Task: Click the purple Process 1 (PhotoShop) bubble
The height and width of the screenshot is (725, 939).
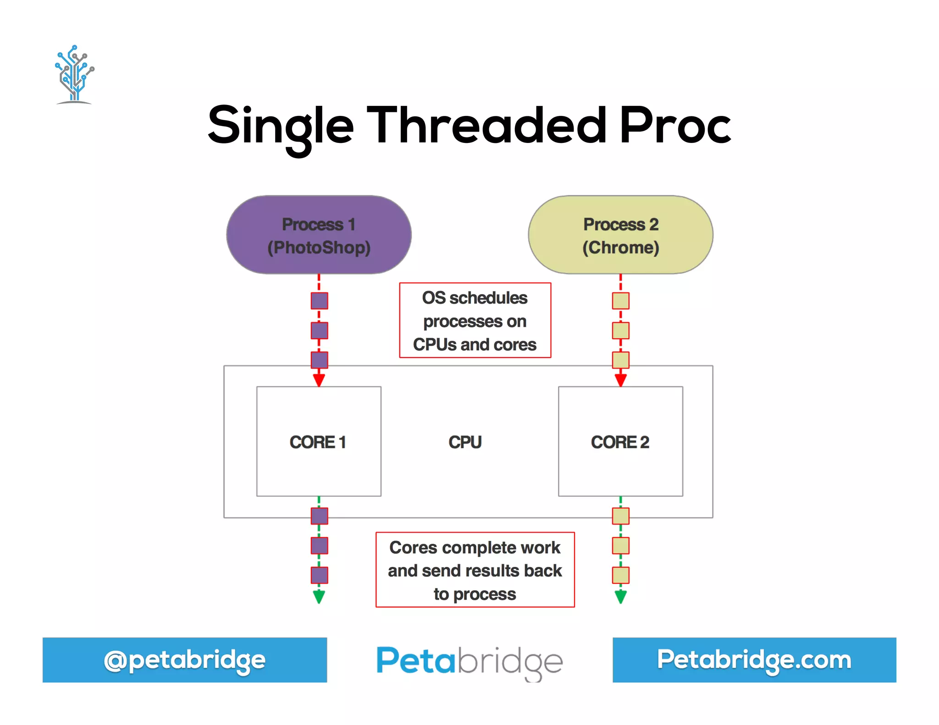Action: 319,235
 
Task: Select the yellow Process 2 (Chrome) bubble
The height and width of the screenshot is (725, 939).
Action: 620,235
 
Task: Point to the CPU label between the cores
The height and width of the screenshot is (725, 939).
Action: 465,442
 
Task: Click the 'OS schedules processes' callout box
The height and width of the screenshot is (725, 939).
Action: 475,320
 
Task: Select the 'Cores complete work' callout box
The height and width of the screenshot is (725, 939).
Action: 475,570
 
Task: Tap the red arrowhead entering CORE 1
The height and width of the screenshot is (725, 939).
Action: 319,380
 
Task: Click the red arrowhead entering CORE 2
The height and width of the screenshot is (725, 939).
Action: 621,380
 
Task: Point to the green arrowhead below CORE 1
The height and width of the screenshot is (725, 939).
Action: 319,597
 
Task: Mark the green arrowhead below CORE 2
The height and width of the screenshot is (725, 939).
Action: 621,597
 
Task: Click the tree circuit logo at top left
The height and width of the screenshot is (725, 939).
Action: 74,74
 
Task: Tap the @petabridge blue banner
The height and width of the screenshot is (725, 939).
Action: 185,660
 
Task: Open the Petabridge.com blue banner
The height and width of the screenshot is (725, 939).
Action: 754,660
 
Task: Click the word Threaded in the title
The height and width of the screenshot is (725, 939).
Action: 486,125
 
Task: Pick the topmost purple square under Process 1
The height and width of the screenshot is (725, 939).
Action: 320,301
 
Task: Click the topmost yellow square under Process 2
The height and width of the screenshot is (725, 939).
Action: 621,301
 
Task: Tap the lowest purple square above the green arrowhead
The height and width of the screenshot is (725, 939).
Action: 320,575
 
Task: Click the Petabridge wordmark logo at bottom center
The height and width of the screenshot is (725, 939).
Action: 469,661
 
